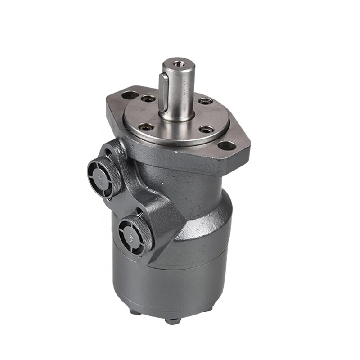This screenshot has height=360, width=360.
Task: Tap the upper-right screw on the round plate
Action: (x=205, y=101)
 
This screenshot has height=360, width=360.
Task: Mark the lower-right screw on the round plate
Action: (x=207, y=130)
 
